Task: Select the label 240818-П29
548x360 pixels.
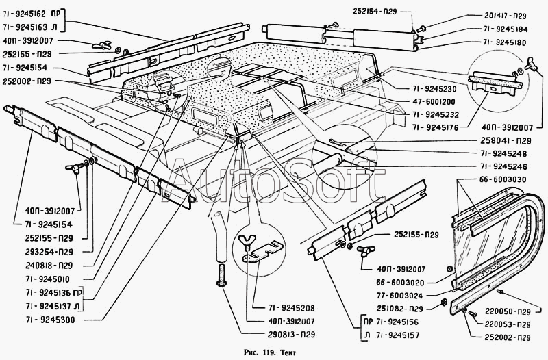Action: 49,265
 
